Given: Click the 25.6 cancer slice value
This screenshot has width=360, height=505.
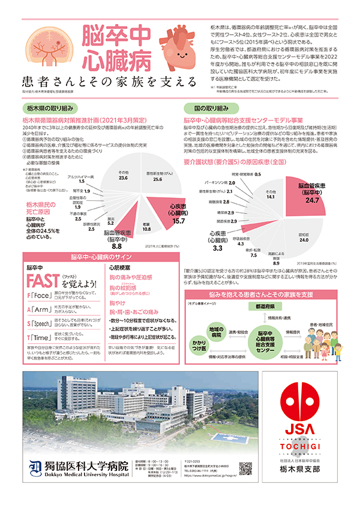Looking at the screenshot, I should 157,179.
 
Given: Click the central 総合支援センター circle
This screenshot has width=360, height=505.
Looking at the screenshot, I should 265,340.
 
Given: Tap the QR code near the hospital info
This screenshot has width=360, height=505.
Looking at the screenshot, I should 245,468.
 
